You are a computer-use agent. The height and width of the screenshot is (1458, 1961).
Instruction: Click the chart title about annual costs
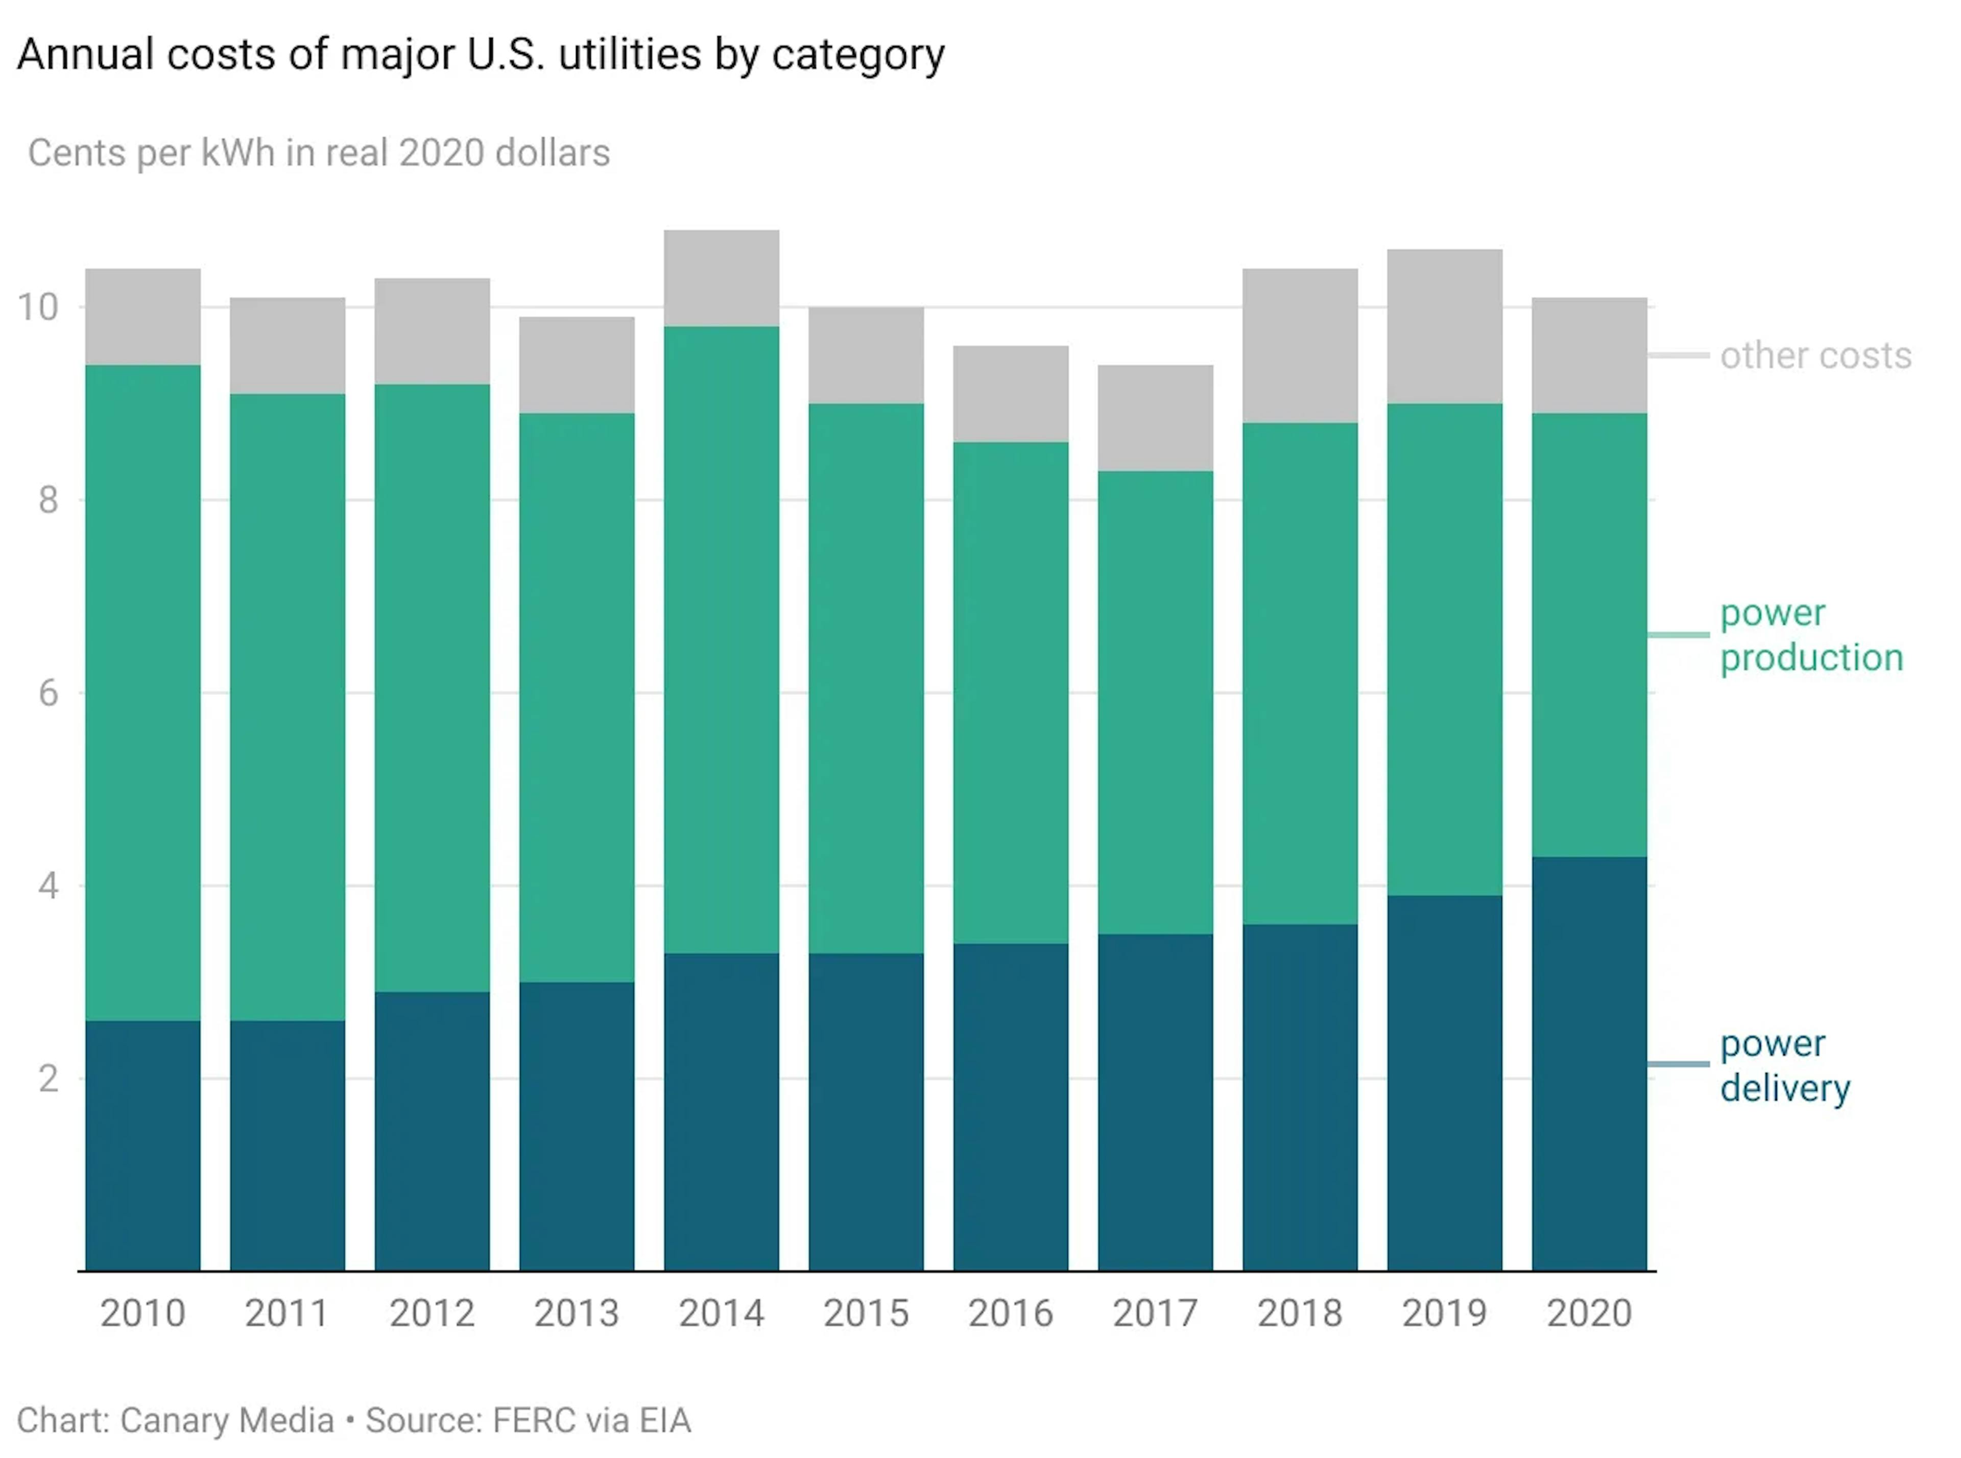[481, 55]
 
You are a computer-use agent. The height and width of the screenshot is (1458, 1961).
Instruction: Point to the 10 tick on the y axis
[38, 307]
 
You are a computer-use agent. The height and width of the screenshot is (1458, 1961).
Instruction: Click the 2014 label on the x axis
[721, 1313]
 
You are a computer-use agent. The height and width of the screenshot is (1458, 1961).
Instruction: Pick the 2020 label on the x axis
[1589, 1313]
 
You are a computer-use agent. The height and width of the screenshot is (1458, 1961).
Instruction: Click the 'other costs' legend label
[1815, 355]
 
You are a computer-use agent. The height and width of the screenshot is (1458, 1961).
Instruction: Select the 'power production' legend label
[1811, 635]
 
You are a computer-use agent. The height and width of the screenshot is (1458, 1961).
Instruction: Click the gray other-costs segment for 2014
[721, 278]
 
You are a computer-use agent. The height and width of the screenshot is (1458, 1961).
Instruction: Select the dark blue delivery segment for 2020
[1589, 1063]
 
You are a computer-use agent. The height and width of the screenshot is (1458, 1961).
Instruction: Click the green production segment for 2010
[143, 693]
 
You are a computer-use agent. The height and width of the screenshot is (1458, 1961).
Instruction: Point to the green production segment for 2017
[1155, 703]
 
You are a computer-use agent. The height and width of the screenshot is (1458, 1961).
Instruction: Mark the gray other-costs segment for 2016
[1011, 394]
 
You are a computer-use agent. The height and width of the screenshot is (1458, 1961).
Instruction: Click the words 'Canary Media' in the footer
[227, 1420]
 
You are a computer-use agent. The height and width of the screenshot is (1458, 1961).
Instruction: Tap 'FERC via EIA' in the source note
[591, 1420]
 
